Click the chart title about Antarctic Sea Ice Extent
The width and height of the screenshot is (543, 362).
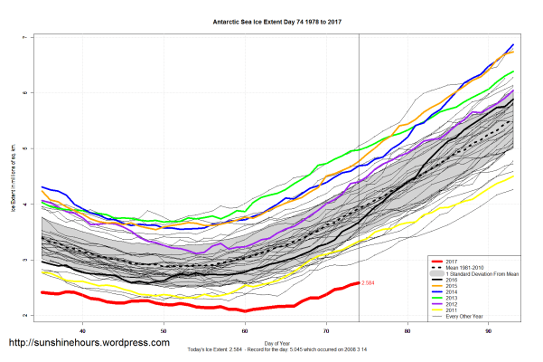[x=271, y=18]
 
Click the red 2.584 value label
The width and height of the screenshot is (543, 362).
[x=368, y=283]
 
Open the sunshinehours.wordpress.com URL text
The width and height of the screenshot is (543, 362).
[x=89, y=344]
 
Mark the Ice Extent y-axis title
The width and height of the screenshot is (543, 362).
[x=13, y=176]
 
